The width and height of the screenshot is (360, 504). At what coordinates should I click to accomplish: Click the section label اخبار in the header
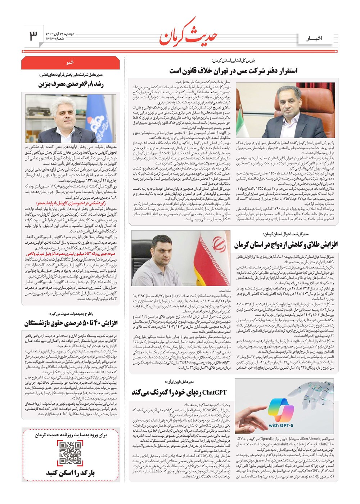[314, 38]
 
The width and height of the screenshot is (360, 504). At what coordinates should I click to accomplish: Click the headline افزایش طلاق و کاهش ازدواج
[286, 245]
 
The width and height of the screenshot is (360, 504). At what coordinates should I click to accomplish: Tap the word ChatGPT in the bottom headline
[215, 392]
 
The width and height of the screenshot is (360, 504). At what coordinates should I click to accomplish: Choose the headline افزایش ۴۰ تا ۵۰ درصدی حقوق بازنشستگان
[71, 323]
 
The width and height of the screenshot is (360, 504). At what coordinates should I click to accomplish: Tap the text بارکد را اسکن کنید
[70, 473]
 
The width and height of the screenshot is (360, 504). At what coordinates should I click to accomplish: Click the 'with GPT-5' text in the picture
[281, 425]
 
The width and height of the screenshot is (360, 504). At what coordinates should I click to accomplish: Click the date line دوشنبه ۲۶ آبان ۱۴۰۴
[60, 33]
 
